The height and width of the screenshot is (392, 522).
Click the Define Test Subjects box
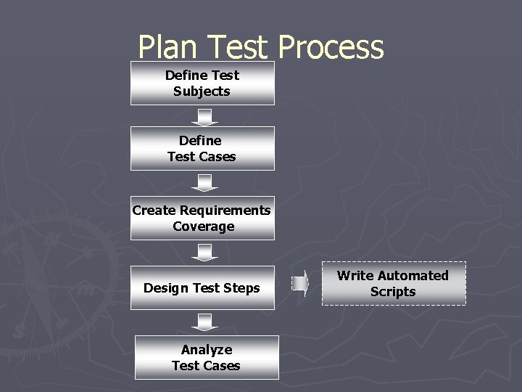point(202,83)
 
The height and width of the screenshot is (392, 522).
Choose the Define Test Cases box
point(202,148)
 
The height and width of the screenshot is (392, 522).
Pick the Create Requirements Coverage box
point(202,218)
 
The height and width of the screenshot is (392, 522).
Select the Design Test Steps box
point(202,288)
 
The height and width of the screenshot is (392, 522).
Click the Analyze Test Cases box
point(207,357)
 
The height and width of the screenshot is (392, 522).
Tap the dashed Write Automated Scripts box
point(393,283)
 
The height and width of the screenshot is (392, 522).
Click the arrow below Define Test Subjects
point(205,117)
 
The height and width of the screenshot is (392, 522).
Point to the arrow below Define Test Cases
point(205,183)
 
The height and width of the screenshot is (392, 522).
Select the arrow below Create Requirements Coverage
point(205,253)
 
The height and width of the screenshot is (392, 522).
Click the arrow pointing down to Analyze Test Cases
point(205,322)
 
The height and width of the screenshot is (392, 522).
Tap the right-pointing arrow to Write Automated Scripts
point(301,282)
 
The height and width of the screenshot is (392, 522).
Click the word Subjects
point(202,91)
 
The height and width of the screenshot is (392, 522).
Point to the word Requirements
point(225,211)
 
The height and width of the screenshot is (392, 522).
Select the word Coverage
point(204,226)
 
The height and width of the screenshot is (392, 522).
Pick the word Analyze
point(207,350)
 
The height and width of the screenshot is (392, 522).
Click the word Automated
point(411,276)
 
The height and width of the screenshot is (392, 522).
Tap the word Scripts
point(393,292)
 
